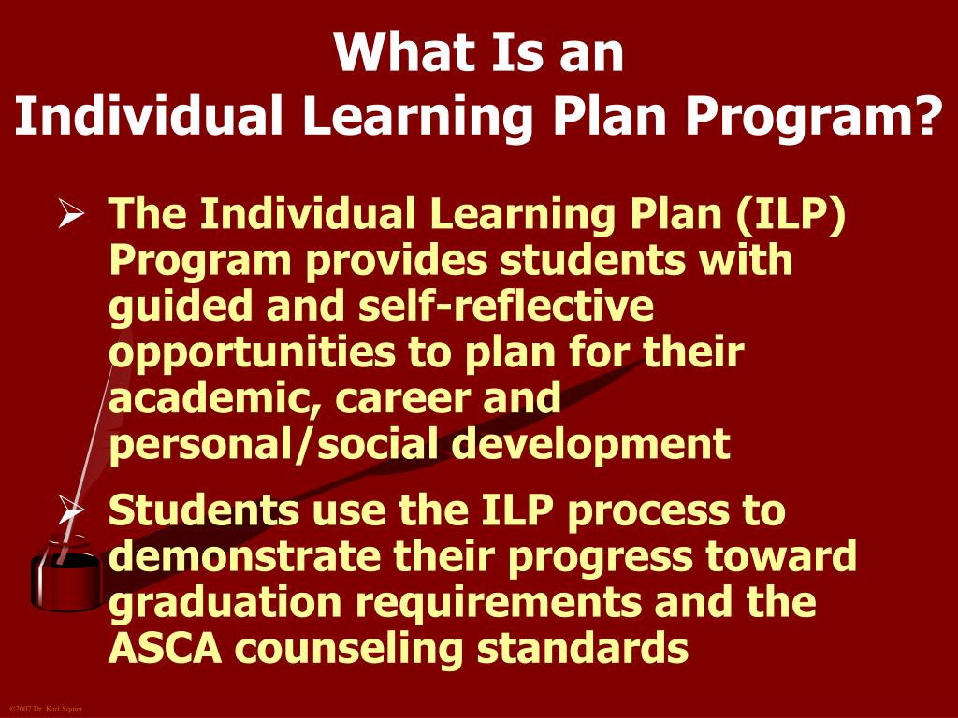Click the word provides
396,261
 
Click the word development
591,444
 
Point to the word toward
786,557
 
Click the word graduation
225,603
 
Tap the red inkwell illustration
65,580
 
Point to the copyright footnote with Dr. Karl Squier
46,710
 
